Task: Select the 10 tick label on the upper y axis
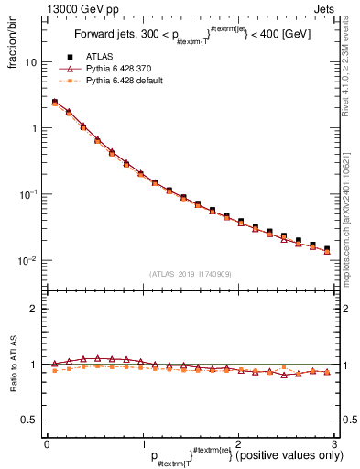coord(30,62)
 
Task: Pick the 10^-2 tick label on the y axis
coord(27,260)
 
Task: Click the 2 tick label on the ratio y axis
coord(34,309)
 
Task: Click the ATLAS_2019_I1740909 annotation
coord(190,274)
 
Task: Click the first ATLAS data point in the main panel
coord(55,102)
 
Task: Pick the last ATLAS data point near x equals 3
coord(327,248)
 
